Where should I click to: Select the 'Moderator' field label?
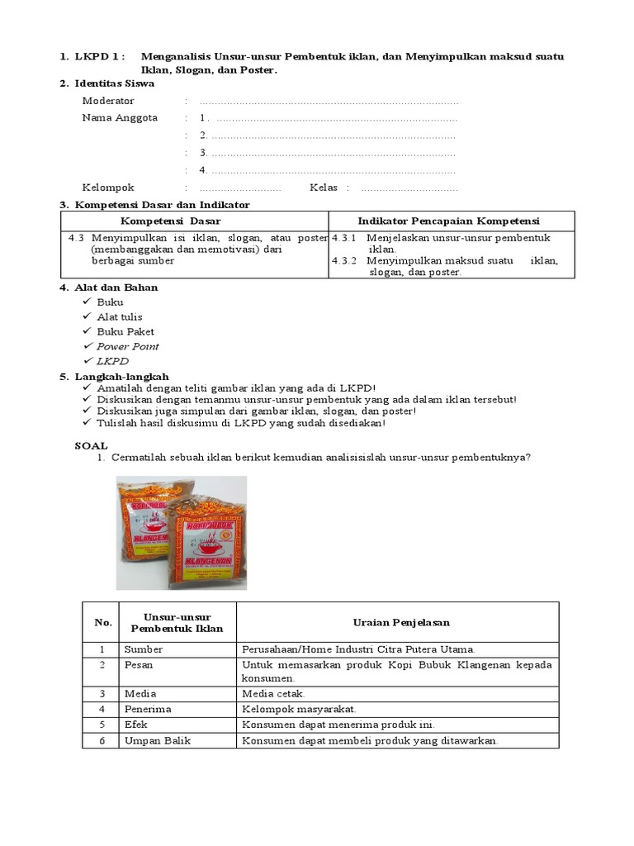point(108,101)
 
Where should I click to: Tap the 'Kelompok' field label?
point(108,188)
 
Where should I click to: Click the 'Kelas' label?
point(324,188)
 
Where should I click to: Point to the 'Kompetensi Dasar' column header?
point(170,221)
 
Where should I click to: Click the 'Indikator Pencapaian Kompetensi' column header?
point(447,221)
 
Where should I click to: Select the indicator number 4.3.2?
point(343,260)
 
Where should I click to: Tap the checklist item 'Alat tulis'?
point(120,316)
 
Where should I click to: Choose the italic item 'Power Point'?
point(128,346)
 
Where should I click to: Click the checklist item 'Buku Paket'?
point(125,331)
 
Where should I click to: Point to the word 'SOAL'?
point(91,445)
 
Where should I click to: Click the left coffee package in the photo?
point(152,520)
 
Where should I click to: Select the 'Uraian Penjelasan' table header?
point(396,622)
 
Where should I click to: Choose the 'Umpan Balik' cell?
point(157,740)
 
